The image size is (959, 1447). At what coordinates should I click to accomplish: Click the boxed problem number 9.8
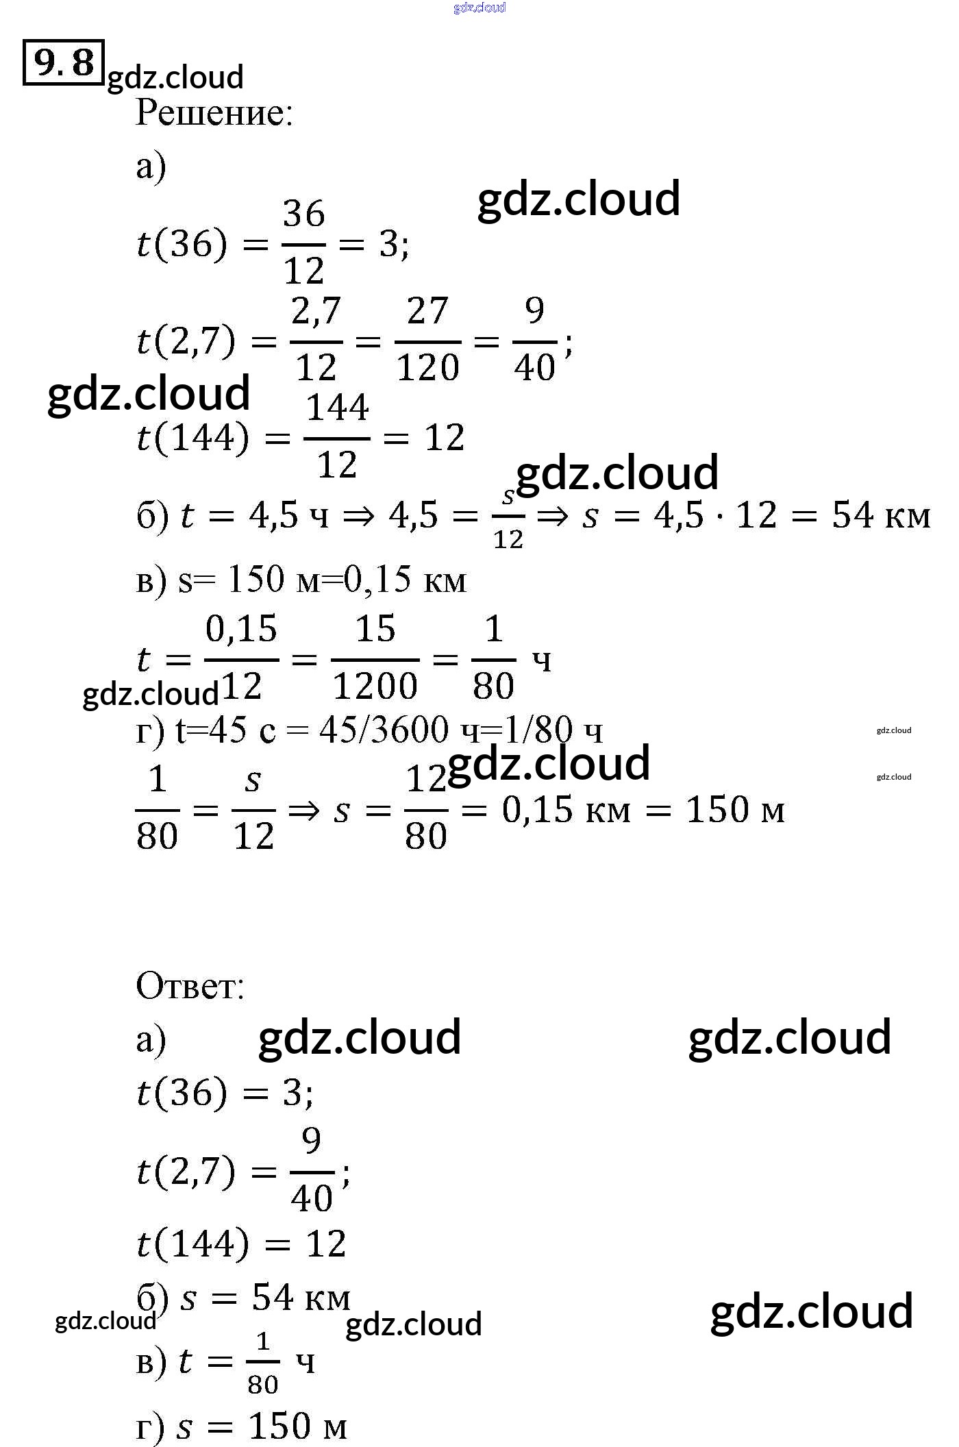tap(63, 62)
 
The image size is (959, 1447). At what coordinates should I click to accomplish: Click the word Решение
tap(214, 113)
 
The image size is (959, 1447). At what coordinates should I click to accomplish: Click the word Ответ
tap(190, 987)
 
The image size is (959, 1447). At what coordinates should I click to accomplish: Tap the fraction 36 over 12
tap(303, 243)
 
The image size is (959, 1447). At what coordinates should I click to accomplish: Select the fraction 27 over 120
tap(427, 340)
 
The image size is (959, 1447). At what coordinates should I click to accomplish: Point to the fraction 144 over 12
tap(337, 436)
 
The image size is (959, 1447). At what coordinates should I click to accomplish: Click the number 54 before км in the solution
tap(853, 515)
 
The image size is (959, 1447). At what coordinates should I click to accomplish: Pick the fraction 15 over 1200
tap(375, 658)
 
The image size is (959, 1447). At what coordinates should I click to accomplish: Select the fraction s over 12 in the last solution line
tap(253, 809)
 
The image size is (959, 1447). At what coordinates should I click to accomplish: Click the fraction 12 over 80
tap(426, 809)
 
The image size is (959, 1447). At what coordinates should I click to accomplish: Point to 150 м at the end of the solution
tap(735, 811)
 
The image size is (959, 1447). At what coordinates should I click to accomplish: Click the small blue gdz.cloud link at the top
tap(480, 8)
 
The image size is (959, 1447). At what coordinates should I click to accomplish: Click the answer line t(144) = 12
tap(241, 1244)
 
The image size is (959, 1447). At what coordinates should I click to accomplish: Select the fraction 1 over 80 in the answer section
tap(263, 1363)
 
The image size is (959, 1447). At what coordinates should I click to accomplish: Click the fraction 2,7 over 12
tap(316, 340)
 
